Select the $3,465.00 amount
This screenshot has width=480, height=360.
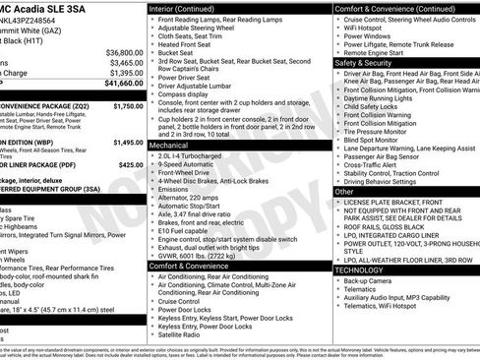(126, 62)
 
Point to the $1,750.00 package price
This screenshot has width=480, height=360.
(128, 105)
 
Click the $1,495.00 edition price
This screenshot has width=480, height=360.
(128, 143)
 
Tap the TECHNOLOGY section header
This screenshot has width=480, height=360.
(359, 270)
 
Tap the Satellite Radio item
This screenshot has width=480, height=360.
(186, 335)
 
